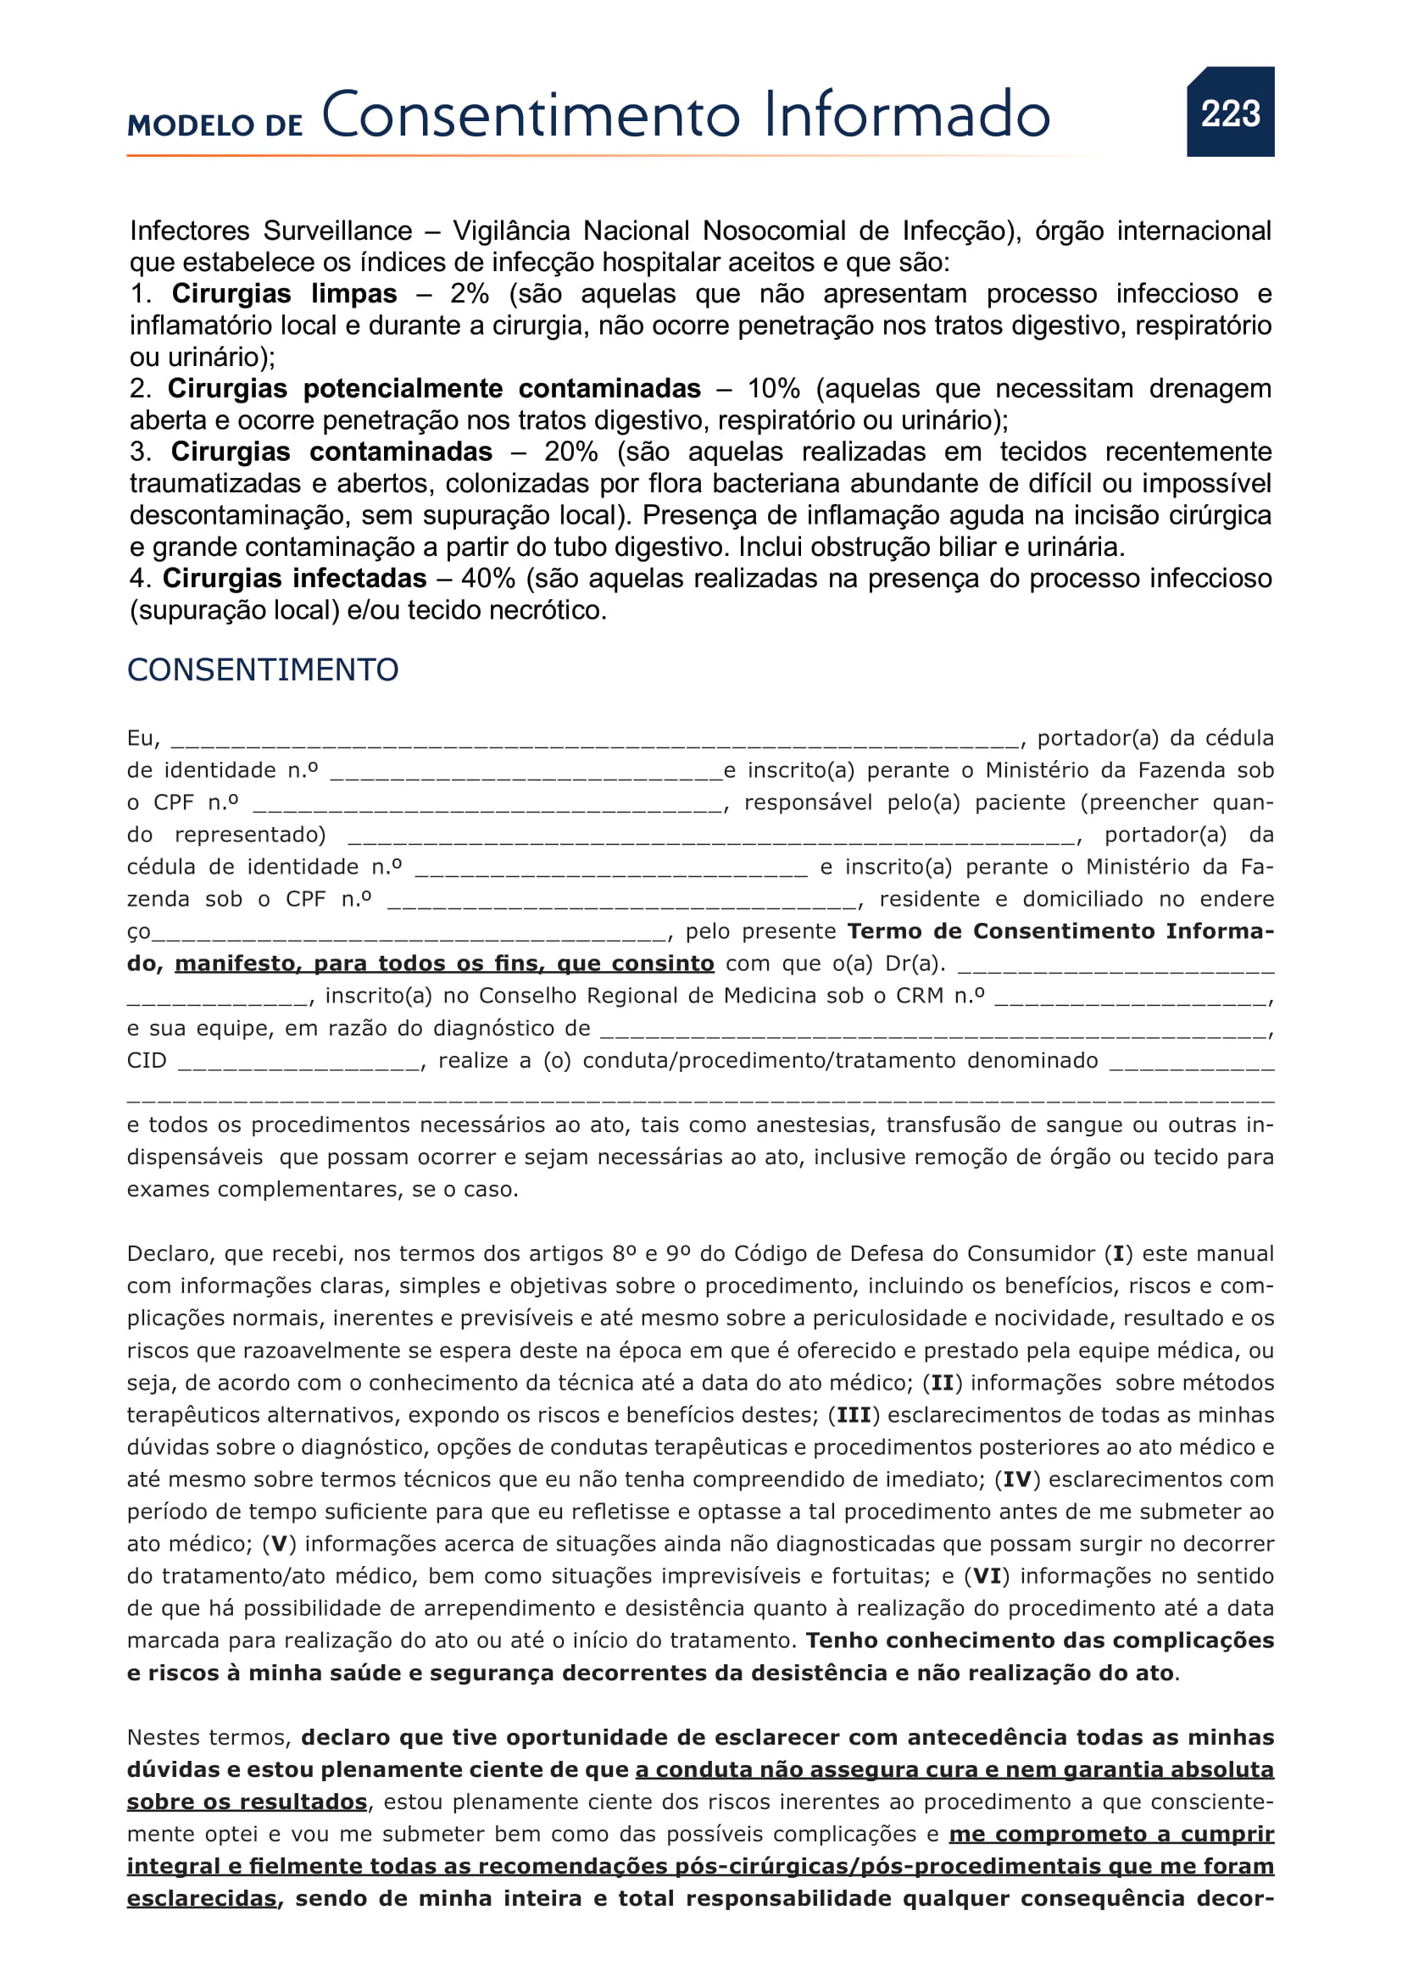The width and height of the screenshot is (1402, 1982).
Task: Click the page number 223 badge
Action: [x=1230, y=112]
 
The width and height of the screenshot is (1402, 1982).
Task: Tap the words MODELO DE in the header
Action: [x=215, y=125]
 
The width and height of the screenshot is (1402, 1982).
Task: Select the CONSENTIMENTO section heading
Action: [x=263, y=670]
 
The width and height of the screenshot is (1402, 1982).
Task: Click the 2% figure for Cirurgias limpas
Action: [x=469, y=293]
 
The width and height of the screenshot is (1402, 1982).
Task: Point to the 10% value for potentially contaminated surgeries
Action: [x=774, y=388]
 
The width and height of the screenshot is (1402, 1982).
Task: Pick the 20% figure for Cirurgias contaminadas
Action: [x=570, y=452]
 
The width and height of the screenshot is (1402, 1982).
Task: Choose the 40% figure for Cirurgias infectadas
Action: [x=487, y=579]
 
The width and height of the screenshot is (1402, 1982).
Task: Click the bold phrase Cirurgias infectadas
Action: [x=294, y=579]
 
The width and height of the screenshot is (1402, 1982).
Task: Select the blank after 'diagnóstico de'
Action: [x=932, y=1030]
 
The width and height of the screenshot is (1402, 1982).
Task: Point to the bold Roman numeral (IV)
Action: [x=1018, y=1480]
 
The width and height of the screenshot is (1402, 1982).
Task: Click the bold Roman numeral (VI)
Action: [x=988, y=1576]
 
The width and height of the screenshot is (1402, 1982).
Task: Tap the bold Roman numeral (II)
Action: [x=942, y=1383]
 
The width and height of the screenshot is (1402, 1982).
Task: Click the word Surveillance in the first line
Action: [x=337, y=230]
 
